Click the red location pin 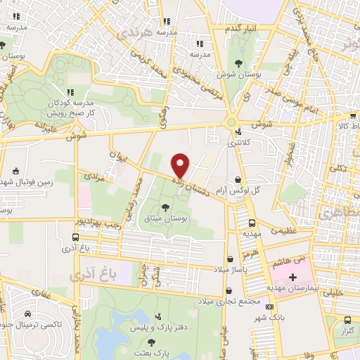point(181,165)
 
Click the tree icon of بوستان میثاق point(165,206)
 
